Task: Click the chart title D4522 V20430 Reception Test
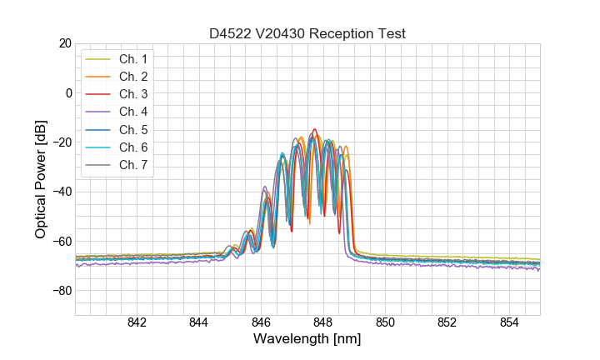coord(307,33)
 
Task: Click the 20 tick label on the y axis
coord(63,43)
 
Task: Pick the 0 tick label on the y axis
coord(67,92)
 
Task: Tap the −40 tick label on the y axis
coord(60,192)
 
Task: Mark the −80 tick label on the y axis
coord(60,291)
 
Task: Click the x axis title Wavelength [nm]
coord(307,340)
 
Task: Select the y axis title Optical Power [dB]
coord(41,179)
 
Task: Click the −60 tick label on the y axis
coord(60,242)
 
